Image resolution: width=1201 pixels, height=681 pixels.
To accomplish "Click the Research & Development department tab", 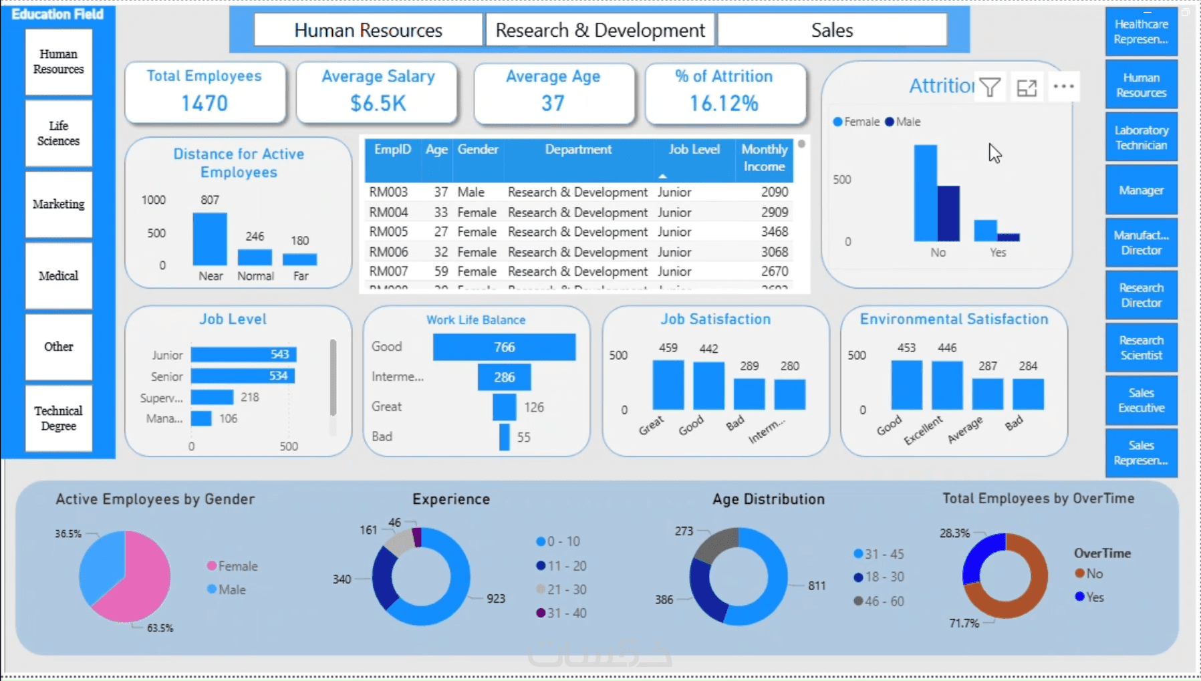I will (x=599, y=30).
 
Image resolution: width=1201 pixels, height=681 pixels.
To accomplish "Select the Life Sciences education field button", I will (x=59, y=134).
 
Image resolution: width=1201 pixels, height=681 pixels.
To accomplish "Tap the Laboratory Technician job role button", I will (x=1141, y=138).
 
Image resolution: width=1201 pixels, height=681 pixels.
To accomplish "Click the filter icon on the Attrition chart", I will (x=990, y=87).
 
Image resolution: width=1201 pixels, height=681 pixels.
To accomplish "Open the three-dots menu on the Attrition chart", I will (x=1063, y=87).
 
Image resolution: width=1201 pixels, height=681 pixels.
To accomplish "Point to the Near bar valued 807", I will (x=210, y=239).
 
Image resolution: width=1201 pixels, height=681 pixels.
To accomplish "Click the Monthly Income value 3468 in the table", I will (x=774, y=232).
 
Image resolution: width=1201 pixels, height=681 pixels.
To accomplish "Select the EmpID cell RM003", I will (x=388, y=192).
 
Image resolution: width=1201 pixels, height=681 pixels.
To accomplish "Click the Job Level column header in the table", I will (x=694, y=150).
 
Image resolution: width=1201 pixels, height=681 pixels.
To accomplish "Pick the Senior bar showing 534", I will (x=243, y=376).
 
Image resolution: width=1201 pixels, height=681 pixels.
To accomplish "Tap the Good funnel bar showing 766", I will (x=504, y=348).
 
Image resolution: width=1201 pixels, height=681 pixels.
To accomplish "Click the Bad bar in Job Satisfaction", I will (x=749, y=394).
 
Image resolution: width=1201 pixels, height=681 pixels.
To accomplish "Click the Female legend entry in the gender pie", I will (x=231, y=566).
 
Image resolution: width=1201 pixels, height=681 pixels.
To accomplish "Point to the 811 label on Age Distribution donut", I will (x=817, y=586).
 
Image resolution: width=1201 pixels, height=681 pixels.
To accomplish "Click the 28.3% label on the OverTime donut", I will (x=954, y=533).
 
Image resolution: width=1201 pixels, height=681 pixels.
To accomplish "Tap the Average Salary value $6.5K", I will (x=378, y=104).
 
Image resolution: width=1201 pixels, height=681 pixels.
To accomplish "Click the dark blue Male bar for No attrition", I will (x=948, y=214).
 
